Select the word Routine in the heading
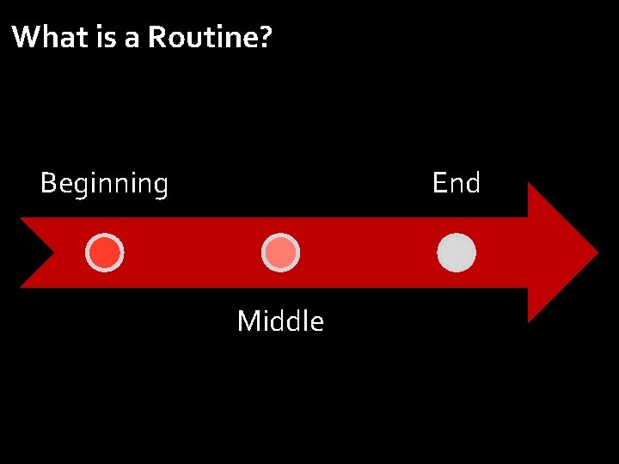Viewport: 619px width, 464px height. [x=200, y=37]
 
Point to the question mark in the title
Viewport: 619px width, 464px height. [x=263, y=37]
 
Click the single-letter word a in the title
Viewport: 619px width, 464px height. [x=132, y=39]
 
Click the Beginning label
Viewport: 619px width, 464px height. [x=104, y=184]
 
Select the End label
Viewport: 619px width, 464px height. [x=456, y=183]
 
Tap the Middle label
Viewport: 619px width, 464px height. [x=280, y=321]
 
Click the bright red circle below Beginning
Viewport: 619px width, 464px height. [x=105, y=253]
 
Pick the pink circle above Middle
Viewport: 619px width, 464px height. [x=280, y=253]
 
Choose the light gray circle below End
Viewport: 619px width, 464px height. [x=457, y=253]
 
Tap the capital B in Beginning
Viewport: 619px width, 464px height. [x=48, y=183]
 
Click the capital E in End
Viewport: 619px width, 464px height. [x=439, y=183]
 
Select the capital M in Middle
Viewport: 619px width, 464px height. [x=248, y=321]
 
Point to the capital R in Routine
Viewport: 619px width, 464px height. [x=157, y=37]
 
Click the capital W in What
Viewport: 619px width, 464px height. [x=26, y=37]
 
